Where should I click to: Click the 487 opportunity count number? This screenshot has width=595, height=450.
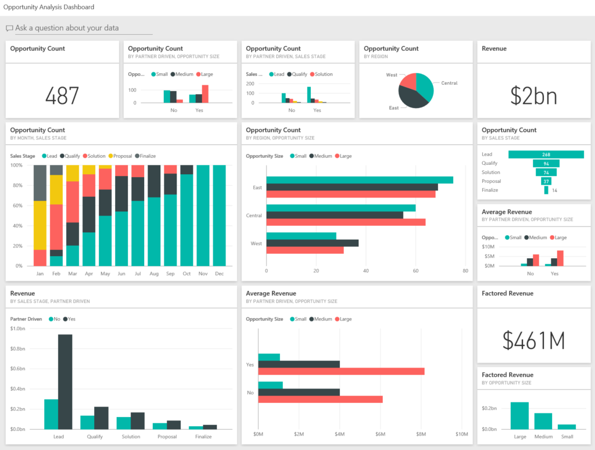62,95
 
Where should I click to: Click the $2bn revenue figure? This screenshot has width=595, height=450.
533,96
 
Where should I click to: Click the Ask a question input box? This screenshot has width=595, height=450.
81,28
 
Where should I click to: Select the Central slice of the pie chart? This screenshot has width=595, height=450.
425,85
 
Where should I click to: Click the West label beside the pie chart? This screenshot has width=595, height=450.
392,75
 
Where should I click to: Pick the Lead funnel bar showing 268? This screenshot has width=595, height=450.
546,154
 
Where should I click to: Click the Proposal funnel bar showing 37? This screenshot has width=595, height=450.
546,181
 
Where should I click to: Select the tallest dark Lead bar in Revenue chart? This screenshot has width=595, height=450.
65,381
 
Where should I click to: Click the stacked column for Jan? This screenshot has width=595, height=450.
40,215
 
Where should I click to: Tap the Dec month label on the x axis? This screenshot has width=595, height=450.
219,273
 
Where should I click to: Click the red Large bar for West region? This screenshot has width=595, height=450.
304,250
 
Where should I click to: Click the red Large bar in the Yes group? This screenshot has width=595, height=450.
341,371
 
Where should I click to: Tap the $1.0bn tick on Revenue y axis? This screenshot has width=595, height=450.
17,329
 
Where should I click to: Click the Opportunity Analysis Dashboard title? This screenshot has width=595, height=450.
49,7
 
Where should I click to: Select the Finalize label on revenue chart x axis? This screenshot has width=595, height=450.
203,437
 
